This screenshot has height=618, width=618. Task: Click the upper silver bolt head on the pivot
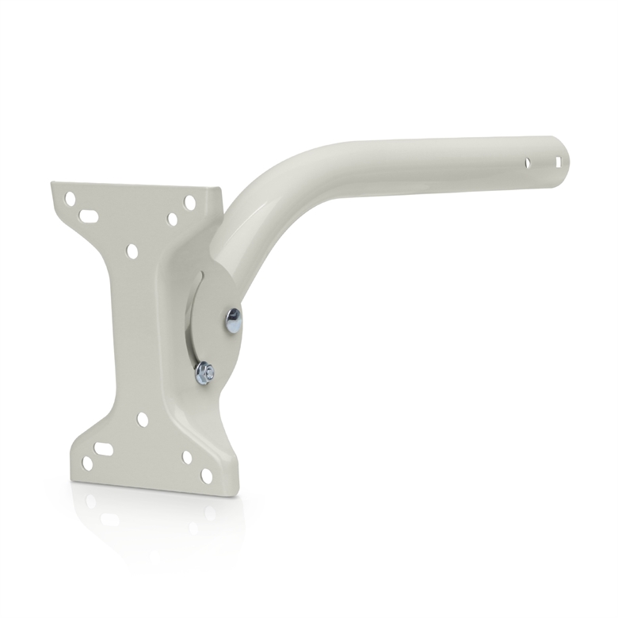coord(233,320)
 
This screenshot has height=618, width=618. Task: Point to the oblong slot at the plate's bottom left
coord(103,448)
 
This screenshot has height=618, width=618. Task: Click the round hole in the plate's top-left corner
coord(71,198)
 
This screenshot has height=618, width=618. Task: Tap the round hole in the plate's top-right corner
coord(189,202)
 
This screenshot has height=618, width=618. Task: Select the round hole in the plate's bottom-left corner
coord(87,463)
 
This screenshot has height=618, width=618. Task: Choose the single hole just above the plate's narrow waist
coord(132,251)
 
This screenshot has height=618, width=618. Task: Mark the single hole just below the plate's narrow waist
coord(143,419)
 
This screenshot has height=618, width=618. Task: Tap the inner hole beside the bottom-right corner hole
coord(188,457)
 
